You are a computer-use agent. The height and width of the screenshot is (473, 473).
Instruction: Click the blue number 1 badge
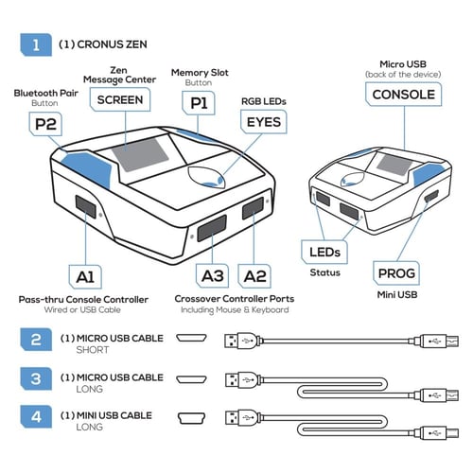click(x=36, y=44)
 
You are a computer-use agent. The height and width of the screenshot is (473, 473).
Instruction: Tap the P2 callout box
click(x=45, y=124)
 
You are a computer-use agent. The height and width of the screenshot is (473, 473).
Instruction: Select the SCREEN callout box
click(x=120, y=99)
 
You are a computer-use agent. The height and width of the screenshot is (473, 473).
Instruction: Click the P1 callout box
click(x=199, y=103)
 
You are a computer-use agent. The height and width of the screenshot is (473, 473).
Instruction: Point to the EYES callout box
click(x=264, y=122)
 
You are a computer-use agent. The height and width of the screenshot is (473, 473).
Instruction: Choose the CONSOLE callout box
click(x=403, y=95)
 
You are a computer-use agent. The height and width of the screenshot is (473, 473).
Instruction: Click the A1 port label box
click(x=85, y=277)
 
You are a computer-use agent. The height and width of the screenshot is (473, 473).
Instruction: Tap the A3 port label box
click(x=212, y=276)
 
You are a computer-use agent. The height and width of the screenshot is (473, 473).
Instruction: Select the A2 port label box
click(x=254, y=276)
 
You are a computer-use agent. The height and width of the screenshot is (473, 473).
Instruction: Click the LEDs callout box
click(x=324, y=252)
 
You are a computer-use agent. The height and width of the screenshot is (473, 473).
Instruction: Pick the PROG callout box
click(x=396, y=273)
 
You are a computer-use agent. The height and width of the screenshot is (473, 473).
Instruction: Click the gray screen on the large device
click(x=140, y=154)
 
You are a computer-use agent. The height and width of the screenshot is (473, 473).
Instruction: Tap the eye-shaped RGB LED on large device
click(x=206, y=177)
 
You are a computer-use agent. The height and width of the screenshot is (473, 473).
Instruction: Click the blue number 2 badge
click(x=36, y=340)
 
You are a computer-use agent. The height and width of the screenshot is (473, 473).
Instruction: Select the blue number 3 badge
click(x=36, y=378)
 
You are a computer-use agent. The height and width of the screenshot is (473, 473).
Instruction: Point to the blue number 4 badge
click(x=36, y=417)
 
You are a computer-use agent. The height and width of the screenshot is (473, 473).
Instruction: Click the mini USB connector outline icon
click(x=191, y=418)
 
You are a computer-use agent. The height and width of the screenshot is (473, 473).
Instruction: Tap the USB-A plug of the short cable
click(x=242, y=341)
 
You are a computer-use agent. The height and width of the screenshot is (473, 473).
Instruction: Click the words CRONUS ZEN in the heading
click(x=112, y=44)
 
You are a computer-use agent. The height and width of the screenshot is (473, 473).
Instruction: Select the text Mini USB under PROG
click(x=397, y=295)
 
